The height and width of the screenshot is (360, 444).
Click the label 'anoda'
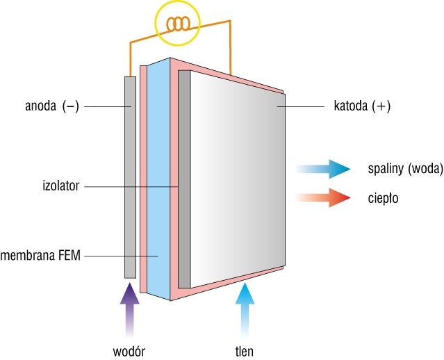(40, 106)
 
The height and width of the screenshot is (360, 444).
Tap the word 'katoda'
(351, 106)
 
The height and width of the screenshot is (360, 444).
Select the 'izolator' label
(60, 186)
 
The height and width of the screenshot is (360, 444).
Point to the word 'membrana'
(28, 256)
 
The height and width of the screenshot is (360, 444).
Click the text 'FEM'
(69, 256)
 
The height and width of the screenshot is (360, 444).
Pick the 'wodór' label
(129, 352)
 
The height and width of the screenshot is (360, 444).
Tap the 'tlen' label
(245, 351)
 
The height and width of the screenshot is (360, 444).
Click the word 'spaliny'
(386, 169)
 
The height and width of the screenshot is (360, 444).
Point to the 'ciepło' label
(383, 198)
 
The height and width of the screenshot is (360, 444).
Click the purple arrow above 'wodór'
(130, 310)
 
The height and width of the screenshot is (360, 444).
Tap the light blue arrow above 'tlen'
(245, 310)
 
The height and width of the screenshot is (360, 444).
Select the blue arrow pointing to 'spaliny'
(323, 169)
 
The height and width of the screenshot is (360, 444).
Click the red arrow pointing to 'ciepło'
(323, 197)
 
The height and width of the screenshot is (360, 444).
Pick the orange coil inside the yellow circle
(178, 24)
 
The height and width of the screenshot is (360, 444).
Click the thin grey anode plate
(130, 177)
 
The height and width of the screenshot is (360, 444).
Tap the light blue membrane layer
(158, 179)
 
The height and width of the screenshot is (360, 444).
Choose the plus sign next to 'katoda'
(381, 106)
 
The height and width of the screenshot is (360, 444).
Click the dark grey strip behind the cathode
(184, 179)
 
